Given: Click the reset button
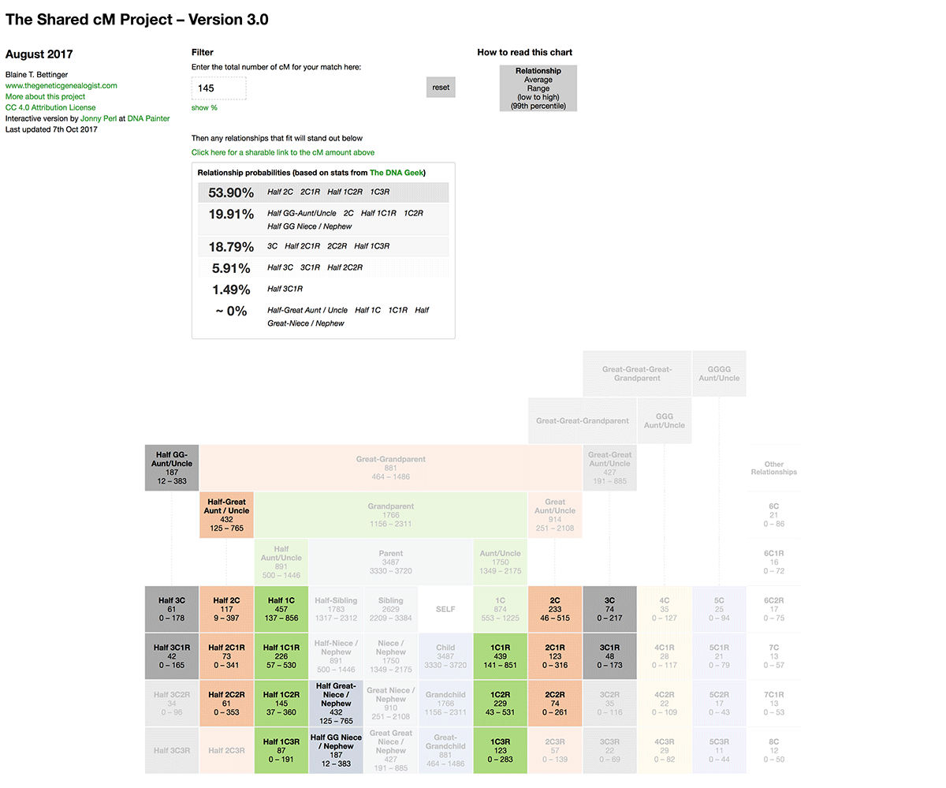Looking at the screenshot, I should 441,87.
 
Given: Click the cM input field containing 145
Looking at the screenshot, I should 218,88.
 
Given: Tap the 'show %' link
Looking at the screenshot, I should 204,107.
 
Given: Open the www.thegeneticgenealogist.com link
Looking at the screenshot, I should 61,85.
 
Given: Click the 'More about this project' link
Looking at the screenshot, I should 45,96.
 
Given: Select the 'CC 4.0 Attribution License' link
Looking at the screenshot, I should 50,107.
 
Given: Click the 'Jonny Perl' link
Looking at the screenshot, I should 99,118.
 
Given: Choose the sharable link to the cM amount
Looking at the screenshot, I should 283,152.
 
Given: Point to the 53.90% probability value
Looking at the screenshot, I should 231,192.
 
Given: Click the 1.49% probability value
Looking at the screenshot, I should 231,289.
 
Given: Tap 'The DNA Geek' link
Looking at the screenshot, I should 397,173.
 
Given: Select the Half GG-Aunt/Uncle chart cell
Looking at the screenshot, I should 172,468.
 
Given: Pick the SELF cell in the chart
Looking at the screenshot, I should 445,609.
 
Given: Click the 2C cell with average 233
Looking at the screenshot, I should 555,609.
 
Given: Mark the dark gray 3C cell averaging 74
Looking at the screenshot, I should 609,609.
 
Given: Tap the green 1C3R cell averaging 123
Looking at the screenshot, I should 500,750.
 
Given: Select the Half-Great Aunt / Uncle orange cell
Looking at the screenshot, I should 226,515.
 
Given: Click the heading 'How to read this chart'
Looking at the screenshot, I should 524,53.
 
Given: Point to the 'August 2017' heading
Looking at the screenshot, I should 39,54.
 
